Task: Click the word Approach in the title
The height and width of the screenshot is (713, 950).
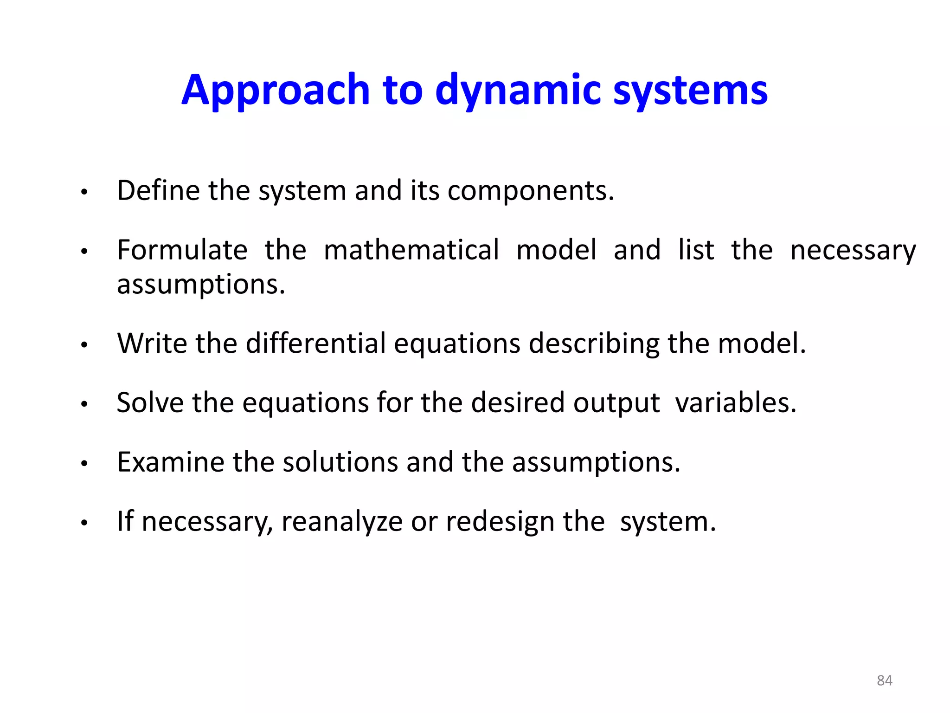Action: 276,91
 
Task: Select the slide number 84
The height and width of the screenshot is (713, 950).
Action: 884,681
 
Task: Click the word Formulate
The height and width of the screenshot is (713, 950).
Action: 182,250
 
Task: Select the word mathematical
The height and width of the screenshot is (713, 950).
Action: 411,250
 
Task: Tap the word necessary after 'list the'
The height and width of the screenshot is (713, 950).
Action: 853,251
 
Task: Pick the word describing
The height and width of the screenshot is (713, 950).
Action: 594,344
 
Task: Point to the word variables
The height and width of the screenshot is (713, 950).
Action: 735,402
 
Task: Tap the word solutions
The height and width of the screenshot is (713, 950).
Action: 340,462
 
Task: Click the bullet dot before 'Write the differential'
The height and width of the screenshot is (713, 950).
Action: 84,345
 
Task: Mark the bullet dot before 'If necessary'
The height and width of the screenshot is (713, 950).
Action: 84,523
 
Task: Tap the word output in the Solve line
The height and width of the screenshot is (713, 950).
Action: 616,403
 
